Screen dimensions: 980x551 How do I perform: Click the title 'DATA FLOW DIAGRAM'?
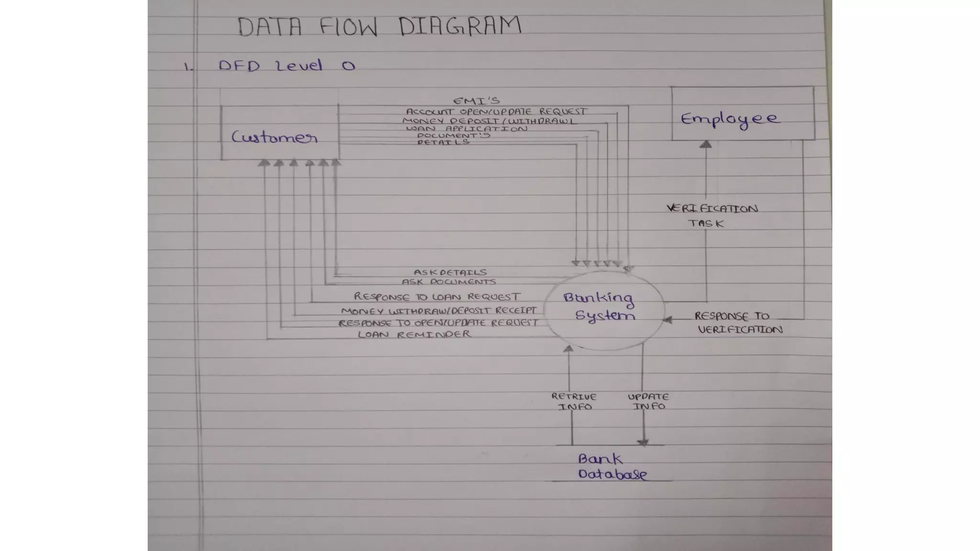tap(379, 26)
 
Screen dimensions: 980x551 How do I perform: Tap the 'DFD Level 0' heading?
tap(287, 66)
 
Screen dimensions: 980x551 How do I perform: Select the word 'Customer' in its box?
tap(274, 138)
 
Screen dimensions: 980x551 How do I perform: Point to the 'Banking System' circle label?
tap(600, 307)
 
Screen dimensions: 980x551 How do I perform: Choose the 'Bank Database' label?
tap(612, 467)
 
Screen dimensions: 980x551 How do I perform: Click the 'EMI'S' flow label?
tap(476, 101)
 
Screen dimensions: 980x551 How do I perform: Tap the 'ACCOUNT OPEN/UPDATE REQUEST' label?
tap(496, 111)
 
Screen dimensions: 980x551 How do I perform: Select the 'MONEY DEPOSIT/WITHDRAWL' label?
tap(489, 121)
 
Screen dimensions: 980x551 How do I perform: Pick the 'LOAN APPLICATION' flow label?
tap(467, 129)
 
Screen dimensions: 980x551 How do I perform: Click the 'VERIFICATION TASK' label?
tap(712, 216)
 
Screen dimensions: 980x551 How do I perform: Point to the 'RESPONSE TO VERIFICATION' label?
tap(738, 323)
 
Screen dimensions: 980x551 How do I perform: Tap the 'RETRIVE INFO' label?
tap(574, 402)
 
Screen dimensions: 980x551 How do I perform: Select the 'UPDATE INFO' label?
tap(648, 401)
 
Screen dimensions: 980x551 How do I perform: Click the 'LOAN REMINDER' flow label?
tap(414, 334)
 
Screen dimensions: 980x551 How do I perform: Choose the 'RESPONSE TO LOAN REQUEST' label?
tap(436, 297)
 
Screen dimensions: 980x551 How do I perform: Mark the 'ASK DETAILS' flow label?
tap(450, 272)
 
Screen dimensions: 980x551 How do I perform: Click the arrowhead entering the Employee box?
tap(706, 144)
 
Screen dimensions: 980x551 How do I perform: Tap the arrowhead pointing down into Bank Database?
tap(643, 442)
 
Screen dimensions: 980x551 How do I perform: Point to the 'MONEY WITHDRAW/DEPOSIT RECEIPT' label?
tap(439, 311)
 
